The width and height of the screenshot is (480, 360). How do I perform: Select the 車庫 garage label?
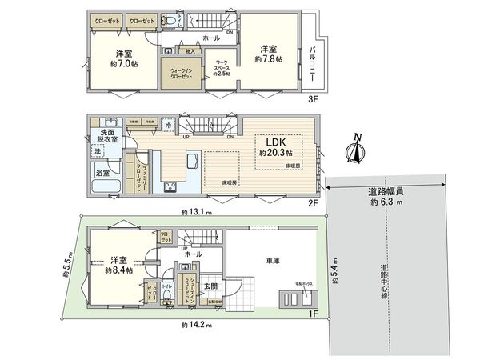click(x=273, y=261)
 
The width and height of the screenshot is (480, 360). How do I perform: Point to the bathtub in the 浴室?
click(x=106, y=187)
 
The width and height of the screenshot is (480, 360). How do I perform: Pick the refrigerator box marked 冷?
click(x=168, y=124)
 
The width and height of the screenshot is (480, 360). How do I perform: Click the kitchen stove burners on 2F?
click(x=171, y=188)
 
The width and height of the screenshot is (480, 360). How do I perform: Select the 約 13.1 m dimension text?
click(x=195, y=212)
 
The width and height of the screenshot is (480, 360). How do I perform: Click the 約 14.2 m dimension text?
click(x=195, y=324)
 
